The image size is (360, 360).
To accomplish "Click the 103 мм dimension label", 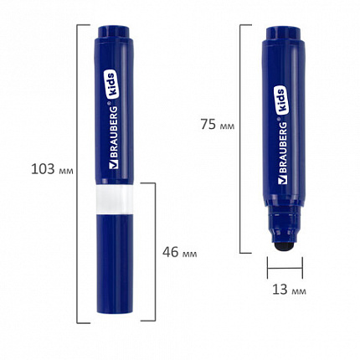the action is click(x=52, y=169).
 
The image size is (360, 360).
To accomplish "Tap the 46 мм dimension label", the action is click(x=180, y=252).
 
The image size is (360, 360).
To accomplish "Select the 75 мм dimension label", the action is click(x=218, y=125).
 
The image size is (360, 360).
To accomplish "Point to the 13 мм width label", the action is click(x=289, y=290).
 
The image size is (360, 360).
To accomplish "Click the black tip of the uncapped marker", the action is click(x=285, y=246).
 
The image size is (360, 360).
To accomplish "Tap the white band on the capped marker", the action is click(x=114, y=199).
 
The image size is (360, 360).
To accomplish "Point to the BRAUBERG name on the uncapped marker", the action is click(x=283, y=148).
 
